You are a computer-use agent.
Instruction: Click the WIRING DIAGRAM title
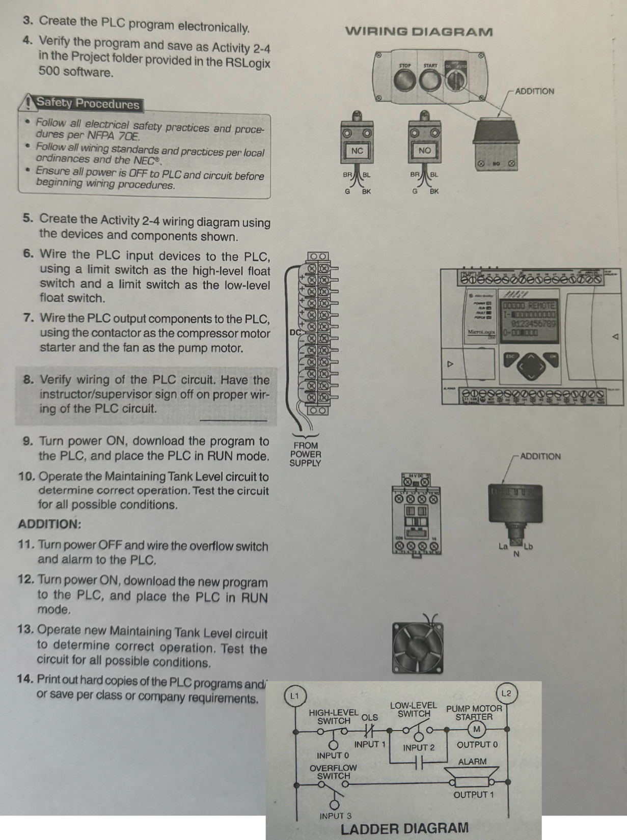(419, 32)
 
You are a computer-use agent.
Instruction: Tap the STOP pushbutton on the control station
(405, 79)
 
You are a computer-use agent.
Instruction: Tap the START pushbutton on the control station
(430, 79)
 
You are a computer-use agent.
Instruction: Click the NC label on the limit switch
(357, 151)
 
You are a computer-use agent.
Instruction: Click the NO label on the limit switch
(424, 151)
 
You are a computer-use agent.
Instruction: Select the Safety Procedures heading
(87, 104)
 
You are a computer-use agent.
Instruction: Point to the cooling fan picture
(418, 647)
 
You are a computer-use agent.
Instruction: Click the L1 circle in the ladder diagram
(294, 696)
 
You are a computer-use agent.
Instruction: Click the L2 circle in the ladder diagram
(506, 693)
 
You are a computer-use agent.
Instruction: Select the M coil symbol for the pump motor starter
(477, 730)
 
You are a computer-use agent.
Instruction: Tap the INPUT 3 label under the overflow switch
(336, 816)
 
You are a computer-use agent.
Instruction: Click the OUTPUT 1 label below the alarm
(473, 795)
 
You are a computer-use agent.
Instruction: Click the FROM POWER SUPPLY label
(305, 454)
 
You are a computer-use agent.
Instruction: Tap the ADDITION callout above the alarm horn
(540, 457)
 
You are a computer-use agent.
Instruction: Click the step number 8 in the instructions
(29, 380)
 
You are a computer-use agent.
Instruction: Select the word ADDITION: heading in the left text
(49, 524)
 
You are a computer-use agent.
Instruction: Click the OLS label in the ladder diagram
(369, 717)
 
